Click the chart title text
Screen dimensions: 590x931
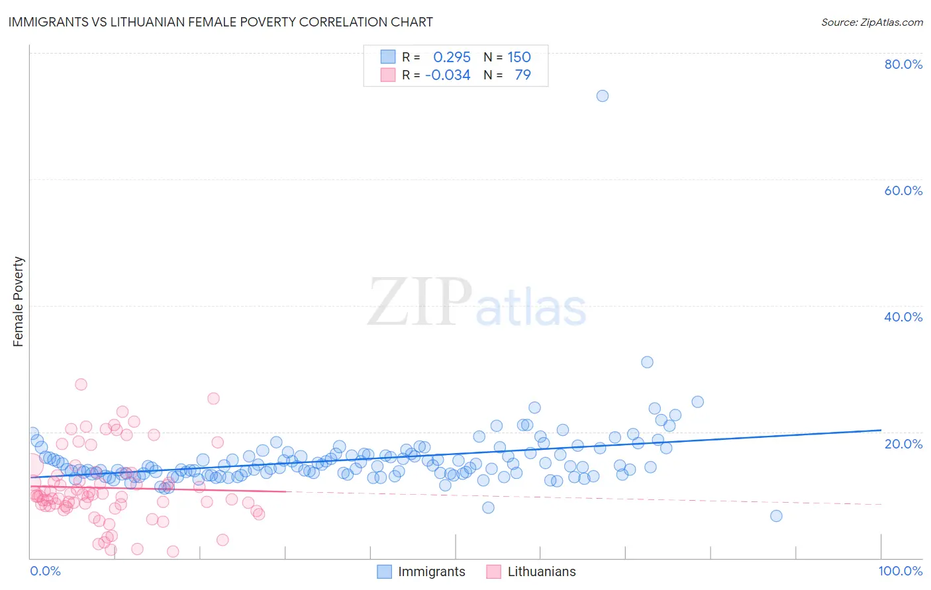point(220,22)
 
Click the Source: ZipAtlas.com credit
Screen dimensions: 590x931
point(871,22)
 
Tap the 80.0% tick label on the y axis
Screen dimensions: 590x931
point(903,64)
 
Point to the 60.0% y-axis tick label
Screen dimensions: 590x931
point(903,190)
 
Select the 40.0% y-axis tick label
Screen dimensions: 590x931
point(903,317)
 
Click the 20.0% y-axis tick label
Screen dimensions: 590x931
point(903,443)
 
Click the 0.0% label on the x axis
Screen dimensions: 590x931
point(45,571)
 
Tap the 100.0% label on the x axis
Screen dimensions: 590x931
point(900,571)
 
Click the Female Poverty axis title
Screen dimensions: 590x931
point(19,302)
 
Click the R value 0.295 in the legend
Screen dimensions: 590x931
point(452,57)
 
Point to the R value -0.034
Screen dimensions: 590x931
point(448,75)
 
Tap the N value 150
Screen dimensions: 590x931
point(519,57)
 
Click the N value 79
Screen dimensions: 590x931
point(522,75)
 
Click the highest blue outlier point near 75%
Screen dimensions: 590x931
point(602,96)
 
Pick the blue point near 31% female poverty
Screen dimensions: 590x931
point(647,362)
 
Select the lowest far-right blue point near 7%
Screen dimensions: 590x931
point(776,516)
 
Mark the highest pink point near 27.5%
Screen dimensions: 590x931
point(81,384)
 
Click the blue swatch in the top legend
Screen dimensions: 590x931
point(387,57)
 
